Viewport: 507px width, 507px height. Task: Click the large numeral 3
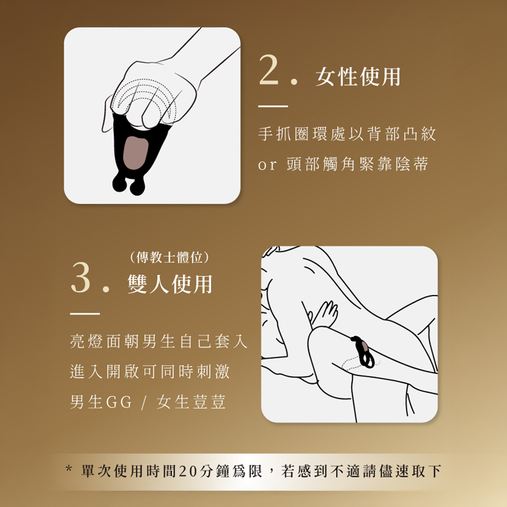coord(81,277)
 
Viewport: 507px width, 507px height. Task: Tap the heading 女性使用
coord(358,77)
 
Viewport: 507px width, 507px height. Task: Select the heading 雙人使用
coord(170,284)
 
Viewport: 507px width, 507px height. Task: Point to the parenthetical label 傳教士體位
coord(169,258)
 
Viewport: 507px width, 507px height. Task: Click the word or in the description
coord(267,165)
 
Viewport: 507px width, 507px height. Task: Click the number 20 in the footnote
coord(189,472)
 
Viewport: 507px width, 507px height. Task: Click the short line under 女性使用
coord(273,106)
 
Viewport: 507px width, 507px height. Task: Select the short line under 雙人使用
coord(85,314)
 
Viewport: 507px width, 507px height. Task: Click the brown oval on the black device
coord(136,153)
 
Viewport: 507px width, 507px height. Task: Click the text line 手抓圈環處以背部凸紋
coord(347,134)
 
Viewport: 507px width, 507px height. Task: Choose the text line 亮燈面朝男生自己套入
coord(159,341)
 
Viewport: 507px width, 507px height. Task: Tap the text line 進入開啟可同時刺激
coord(150,372)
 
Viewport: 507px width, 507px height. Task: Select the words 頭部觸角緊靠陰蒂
coord(357,164)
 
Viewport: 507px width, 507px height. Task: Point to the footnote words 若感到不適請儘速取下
coord(361,472)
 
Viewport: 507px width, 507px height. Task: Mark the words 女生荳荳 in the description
coord(191,402)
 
